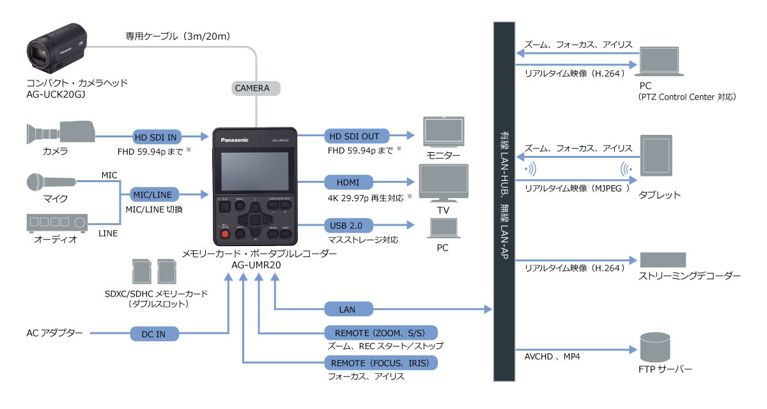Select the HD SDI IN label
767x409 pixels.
click(x=155, y=136)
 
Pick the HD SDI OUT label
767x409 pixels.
click(x=353, y=136)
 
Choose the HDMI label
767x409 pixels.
click(x=349, y=181)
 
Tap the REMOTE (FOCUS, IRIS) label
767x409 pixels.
click(x=382, y=363)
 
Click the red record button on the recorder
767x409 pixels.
click(x=224, y=235)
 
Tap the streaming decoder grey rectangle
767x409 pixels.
click(x=663, y=259)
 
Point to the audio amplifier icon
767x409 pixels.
click(x=56, y=222)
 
